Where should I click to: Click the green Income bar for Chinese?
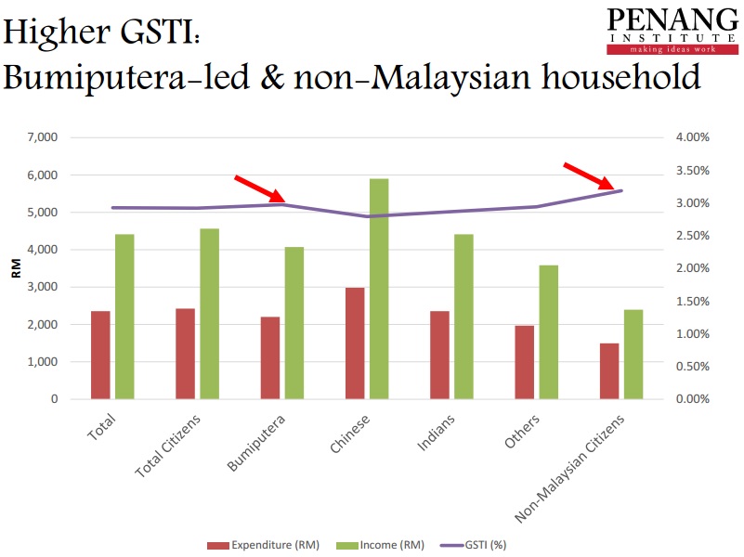point(379,289)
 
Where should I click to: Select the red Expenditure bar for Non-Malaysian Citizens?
point(608,370)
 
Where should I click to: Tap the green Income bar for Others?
point(548,331)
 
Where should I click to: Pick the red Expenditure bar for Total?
point(100,355)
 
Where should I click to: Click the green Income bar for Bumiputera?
point(294,322)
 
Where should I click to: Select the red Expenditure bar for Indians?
point(438,355)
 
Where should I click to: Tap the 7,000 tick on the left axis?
point(45,137)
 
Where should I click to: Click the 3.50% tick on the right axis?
point(692,171)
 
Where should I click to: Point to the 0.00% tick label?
point(692,399)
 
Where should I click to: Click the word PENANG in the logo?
point(661,20)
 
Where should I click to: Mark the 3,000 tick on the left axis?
point(45,287)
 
